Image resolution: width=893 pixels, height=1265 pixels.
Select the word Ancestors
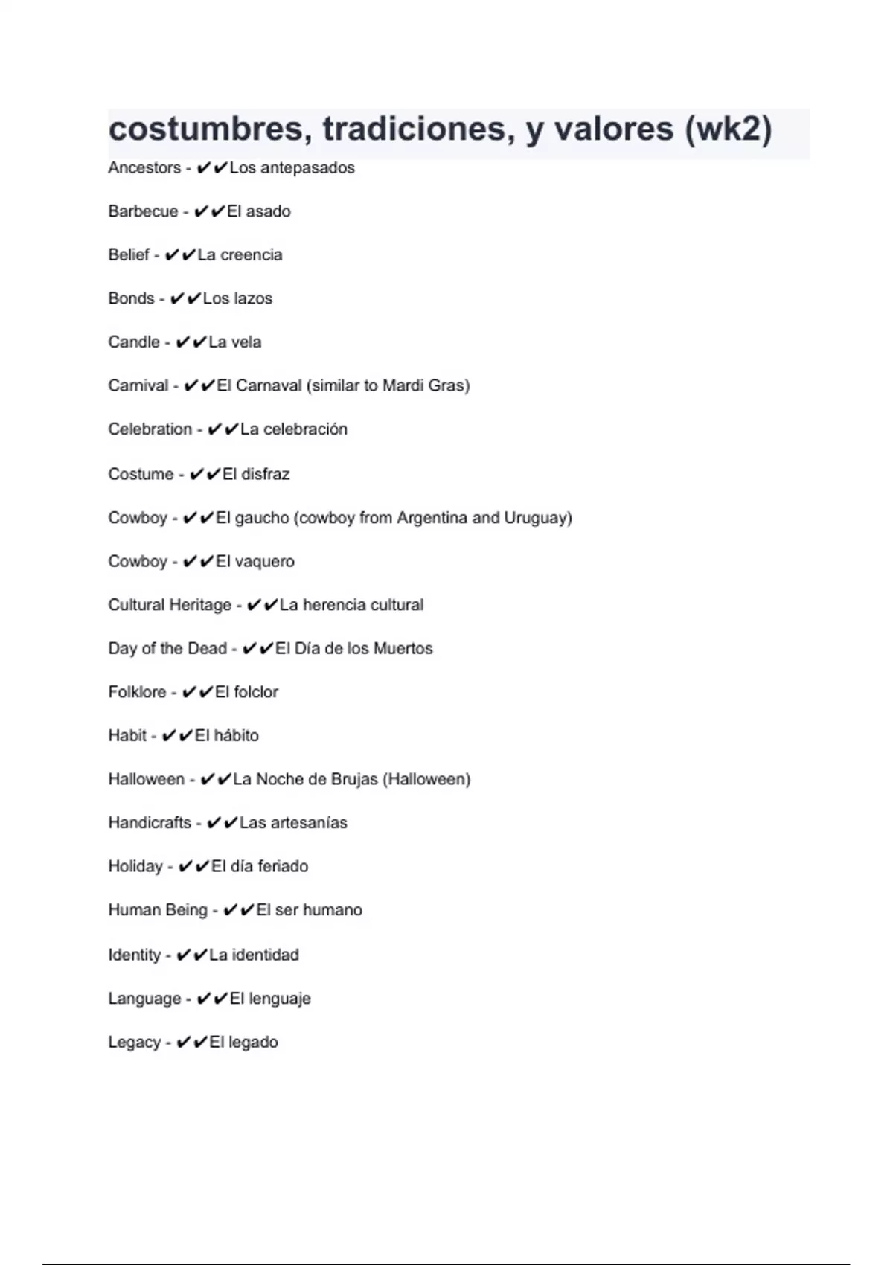[x=144, y=168]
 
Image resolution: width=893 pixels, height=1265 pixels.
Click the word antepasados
[x=307, y=168]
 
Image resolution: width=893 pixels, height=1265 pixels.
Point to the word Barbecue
[x=143, y=211]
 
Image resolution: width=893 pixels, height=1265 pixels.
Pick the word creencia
[x=251, y=255]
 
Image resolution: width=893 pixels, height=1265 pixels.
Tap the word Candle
[x=134, y=342]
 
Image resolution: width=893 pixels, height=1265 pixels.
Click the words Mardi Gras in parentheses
[x=423, y=385]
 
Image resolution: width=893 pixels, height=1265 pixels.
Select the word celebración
[x=305, y=429]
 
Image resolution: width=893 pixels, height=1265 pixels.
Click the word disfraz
[x=266, y=474]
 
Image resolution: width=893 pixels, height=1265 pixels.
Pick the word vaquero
[x=265, y=562]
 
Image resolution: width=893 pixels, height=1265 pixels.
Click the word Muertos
[x=403, y=649]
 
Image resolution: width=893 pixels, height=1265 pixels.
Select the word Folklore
[x=137, y=692]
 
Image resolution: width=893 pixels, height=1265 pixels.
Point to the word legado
[x=253, y=1043]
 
